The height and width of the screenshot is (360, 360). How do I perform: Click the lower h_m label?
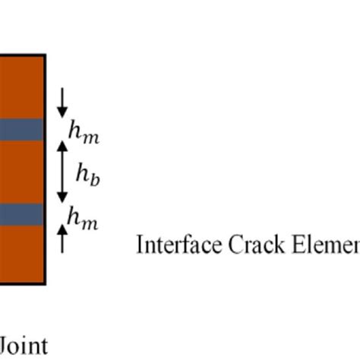pyautogui.click(x=83, y=219)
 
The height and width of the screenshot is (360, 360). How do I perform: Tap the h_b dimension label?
pyautogui.click(x=87, y=175)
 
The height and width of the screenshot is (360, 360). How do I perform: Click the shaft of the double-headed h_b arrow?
pyautogui.click(x=62, y=173)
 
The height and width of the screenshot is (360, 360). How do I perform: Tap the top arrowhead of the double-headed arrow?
pyautogui.click(x=62, y=146)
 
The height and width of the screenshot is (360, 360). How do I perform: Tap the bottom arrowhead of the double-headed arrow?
pyautogui.click(x=62, y=199)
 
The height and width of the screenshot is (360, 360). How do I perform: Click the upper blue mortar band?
pyautogui.click(x=21, y=131)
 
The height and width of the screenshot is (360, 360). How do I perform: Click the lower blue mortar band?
pyautogui.click(x=21, y=215)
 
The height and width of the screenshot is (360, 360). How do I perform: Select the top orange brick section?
pyautogui.click(x=21, y=87)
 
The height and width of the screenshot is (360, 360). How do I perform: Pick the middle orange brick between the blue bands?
pyautogui.click(x=21, y=173)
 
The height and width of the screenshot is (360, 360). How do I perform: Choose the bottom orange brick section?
pyautogui.click(x=21, y=254)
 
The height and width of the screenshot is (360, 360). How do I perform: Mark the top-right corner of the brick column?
pyautogui.click(x=46, y=55)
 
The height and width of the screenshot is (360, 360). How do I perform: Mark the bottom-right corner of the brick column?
pyautogui.click(x=46, y=283)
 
